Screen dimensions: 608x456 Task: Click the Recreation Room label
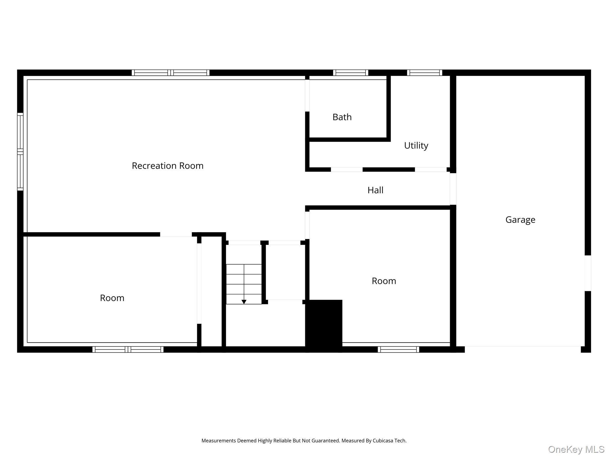coord(167,166)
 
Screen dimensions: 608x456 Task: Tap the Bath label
coord(342,117)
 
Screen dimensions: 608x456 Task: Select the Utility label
coord(416,145)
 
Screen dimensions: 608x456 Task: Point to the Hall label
coord(375,190)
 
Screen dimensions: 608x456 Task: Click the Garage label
coord(520,220)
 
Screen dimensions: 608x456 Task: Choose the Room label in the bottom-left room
coord(112,298)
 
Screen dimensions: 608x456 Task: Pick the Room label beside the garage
coord(384,281)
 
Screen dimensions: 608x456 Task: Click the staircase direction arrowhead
coord(244,302)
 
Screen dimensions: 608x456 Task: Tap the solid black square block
coord(324,326)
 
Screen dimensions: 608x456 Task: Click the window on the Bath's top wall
coord(351,73)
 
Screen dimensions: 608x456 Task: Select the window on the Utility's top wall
coord(425,73)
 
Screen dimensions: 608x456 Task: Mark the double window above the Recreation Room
coord(171,73)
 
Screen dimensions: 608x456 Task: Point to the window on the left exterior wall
coord(20,152)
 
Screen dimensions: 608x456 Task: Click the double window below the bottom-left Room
coord(128,349)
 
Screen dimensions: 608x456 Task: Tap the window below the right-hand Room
coord(398,349)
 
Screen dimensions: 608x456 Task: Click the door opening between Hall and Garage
coord(453,189)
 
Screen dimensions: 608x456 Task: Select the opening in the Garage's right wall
coord(588,273)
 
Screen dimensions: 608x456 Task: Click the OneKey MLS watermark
coord(576,449)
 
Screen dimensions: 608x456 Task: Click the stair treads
coord(244,284)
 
